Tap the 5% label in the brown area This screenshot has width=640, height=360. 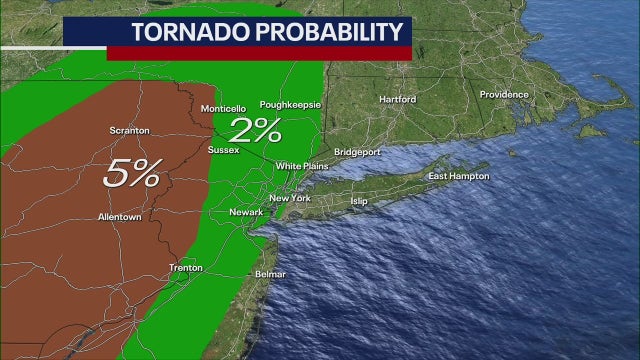click(131, 174)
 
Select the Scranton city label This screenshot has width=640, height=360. click(131, 130)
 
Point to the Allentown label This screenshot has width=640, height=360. click(119, 217)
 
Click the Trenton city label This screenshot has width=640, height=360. click(186, 268)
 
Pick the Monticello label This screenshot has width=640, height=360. click(223, 108)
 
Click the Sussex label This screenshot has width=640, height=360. click(222, 150)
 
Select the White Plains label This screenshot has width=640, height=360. click(302, 165)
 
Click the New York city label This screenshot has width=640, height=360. click(290, 199)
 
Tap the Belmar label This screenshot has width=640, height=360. click(270, 274)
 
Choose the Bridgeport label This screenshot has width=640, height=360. click(357, 152)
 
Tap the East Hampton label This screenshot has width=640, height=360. click(458, 177)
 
